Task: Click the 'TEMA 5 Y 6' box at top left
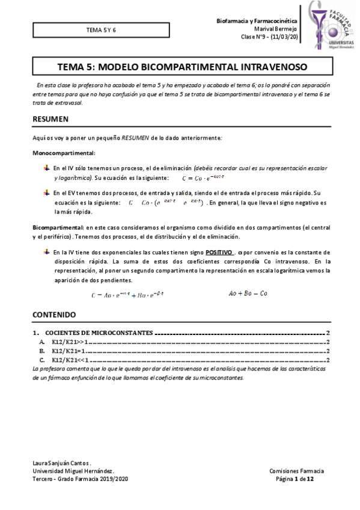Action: pos(102,29)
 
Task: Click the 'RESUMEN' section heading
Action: pos(50,119)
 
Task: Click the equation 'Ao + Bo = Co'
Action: pos(248,293)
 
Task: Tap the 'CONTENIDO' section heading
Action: pos(54,315)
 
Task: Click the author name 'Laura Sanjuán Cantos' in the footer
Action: pos(61,463)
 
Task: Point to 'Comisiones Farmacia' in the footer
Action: pos(296,471)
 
